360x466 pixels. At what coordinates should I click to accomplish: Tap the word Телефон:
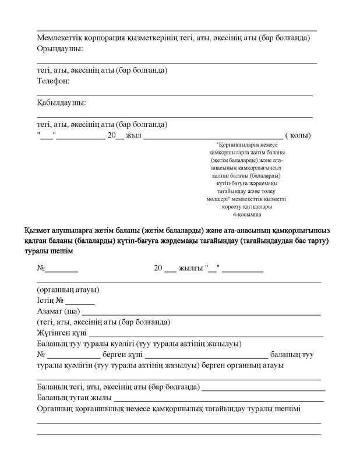[x=53, y=81]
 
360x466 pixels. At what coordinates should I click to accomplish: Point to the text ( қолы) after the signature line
[x=298, y=135]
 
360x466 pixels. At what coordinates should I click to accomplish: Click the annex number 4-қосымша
[x=250, y=214]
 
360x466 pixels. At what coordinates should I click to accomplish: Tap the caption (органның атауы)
[x=68, y=290]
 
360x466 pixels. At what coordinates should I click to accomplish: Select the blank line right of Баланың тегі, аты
[x=264, y=387]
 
